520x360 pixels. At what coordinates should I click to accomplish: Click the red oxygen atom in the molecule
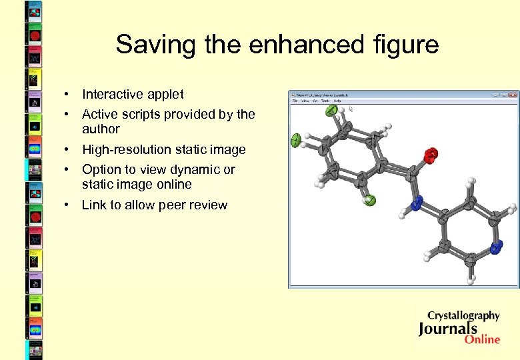(431, 155)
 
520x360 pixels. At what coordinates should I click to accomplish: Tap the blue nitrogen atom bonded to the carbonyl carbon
(417, 202)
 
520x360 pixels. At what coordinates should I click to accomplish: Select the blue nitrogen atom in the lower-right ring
(496, 249)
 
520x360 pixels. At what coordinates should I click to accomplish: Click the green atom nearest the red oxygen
(371, 200)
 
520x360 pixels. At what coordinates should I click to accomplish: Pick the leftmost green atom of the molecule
(295, 140)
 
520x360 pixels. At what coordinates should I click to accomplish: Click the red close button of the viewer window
(513, 95)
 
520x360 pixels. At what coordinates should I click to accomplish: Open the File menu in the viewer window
(295, 101)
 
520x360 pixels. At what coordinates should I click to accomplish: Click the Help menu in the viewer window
(337, 101)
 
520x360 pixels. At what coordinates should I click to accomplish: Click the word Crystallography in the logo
(463, 315)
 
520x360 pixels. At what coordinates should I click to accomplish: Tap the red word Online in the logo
(482, 339)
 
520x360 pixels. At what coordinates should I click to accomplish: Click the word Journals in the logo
(448, 328)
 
